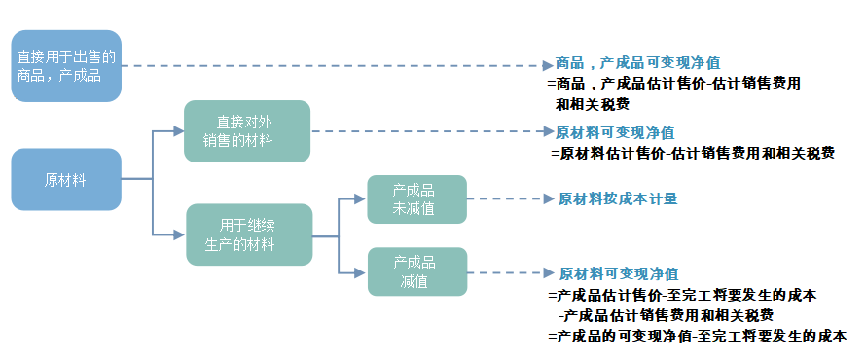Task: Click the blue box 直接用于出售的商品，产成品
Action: click(x=66, y=66)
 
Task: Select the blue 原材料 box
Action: click(x=66, y=179)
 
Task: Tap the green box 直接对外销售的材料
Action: click(x=247, y=131)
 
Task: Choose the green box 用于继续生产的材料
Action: click(x=249, y=234)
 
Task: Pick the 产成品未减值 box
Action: click(x=416, y=198)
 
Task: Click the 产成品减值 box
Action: click(x=416, y=271)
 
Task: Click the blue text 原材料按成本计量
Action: click(x=617, y=198)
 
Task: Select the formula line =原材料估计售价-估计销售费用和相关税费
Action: click(x=692, y=153)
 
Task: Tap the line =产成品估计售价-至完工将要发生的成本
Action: click(x=681, y=295)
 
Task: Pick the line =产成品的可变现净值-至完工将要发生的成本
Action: click(x=697, y=336)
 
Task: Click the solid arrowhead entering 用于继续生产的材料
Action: click(x=179, y=234)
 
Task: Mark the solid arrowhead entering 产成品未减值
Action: click(x=360, y=198)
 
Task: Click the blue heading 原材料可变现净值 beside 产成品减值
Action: click(x=618, y=273)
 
